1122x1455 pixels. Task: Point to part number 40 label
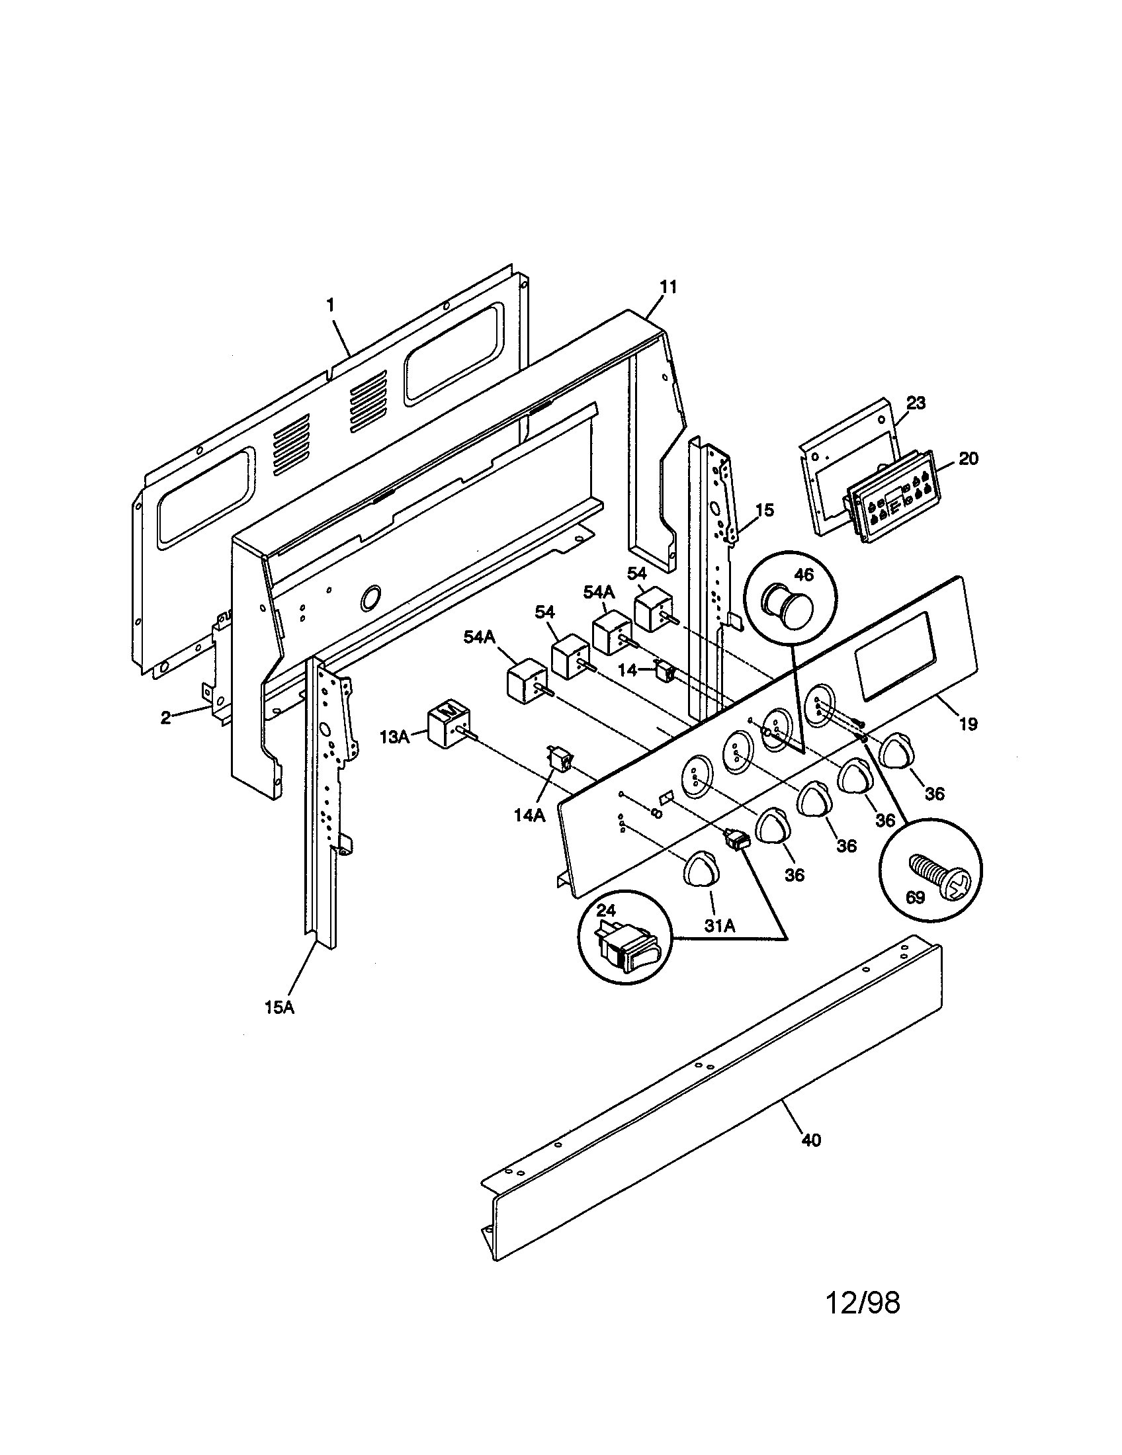(810, 1140)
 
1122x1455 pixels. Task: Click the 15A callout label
(279, 1026)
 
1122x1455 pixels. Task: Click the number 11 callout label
(668, 287)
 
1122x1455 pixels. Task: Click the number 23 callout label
(916, 403)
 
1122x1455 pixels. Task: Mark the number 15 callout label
(764, 511)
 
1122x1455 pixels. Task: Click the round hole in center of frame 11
(371, 599)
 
